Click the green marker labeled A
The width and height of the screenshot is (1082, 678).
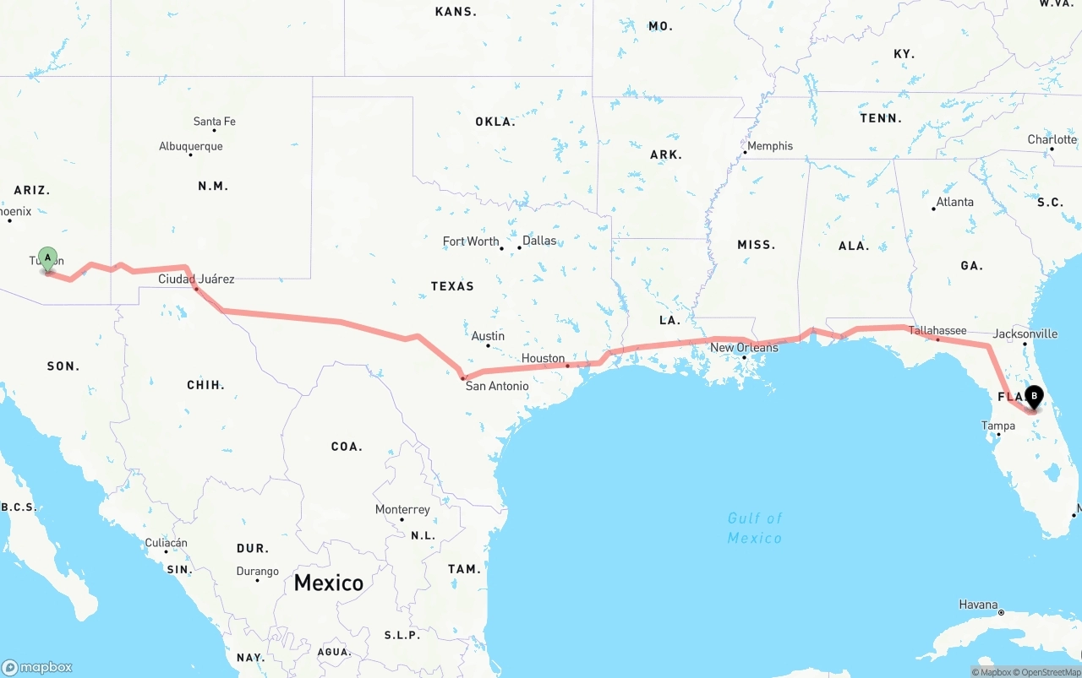tap(48, 258)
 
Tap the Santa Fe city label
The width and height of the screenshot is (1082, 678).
tap(215, 122)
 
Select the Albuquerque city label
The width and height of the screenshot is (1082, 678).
tap(191, 146)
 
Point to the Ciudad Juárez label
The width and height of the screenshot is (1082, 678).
tap(196, 279)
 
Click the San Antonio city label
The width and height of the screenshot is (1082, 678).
tap(497, 386)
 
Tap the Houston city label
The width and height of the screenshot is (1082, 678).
tap(543, 358)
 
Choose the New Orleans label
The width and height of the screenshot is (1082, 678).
tap(744, 347)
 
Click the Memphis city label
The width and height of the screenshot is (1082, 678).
tap(770, 146)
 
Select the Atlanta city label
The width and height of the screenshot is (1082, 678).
tap(955, 202)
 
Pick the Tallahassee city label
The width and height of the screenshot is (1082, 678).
tap(937, 330)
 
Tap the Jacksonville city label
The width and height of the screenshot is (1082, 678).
tap(1025, 334)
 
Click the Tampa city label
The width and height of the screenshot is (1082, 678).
tap(998, 426)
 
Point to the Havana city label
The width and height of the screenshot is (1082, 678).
tap(978, 605)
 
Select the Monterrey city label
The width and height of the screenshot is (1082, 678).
tap(402, 509)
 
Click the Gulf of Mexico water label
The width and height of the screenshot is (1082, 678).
tap(755, 528)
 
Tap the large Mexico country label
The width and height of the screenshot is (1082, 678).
tap(329, 583)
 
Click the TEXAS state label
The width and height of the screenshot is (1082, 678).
tap(452, 286)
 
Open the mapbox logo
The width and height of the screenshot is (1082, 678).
tap(37, 667)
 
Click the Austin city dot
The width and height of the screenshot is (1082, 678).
tap(488, 345)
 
